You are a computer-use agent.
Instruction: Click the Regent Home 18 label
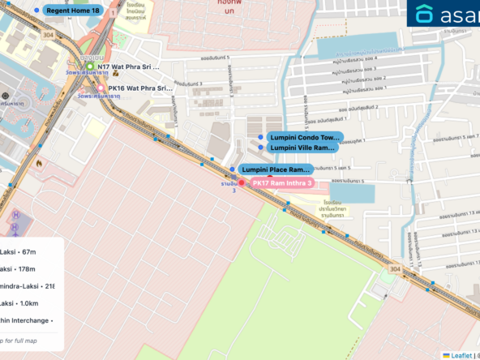pyautogui.click(x=73, y=11)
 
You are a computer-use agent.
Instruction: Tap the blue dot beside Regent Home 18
pyautogui.click(x=36, y=11)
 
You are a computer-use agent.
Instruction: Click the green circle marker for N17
pyautogui.click(x=91, y=66)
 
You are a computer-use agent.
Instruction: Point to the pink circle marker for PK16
pyautogui.click(x=101, y=88)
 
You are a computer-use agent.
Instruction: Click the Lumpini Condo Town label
pyautogui.click(x=304, y=138)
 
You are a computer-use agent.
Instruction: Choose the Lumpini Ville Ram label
pyautogui.click(x=302, y=148)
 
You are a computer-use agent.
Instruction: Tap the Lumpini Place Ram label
pyautogui.click(x=276, y=169)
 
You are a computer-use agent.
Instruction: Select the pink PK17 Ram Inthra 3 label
pyautogui.click(x=282, y=183)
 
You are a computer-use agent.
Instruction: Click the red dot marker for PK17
pyautogui.click(x=241, y=183)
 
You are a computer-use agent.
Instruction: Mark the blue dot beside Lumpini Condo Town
pyautogui.click(x=259, y=138)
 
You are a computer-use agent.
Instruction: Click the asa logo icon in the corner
pyautogui.click(x=425, y=14)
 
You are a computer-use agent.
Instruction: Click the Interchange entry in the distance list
pyautogui.click(x=26, y=320)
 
